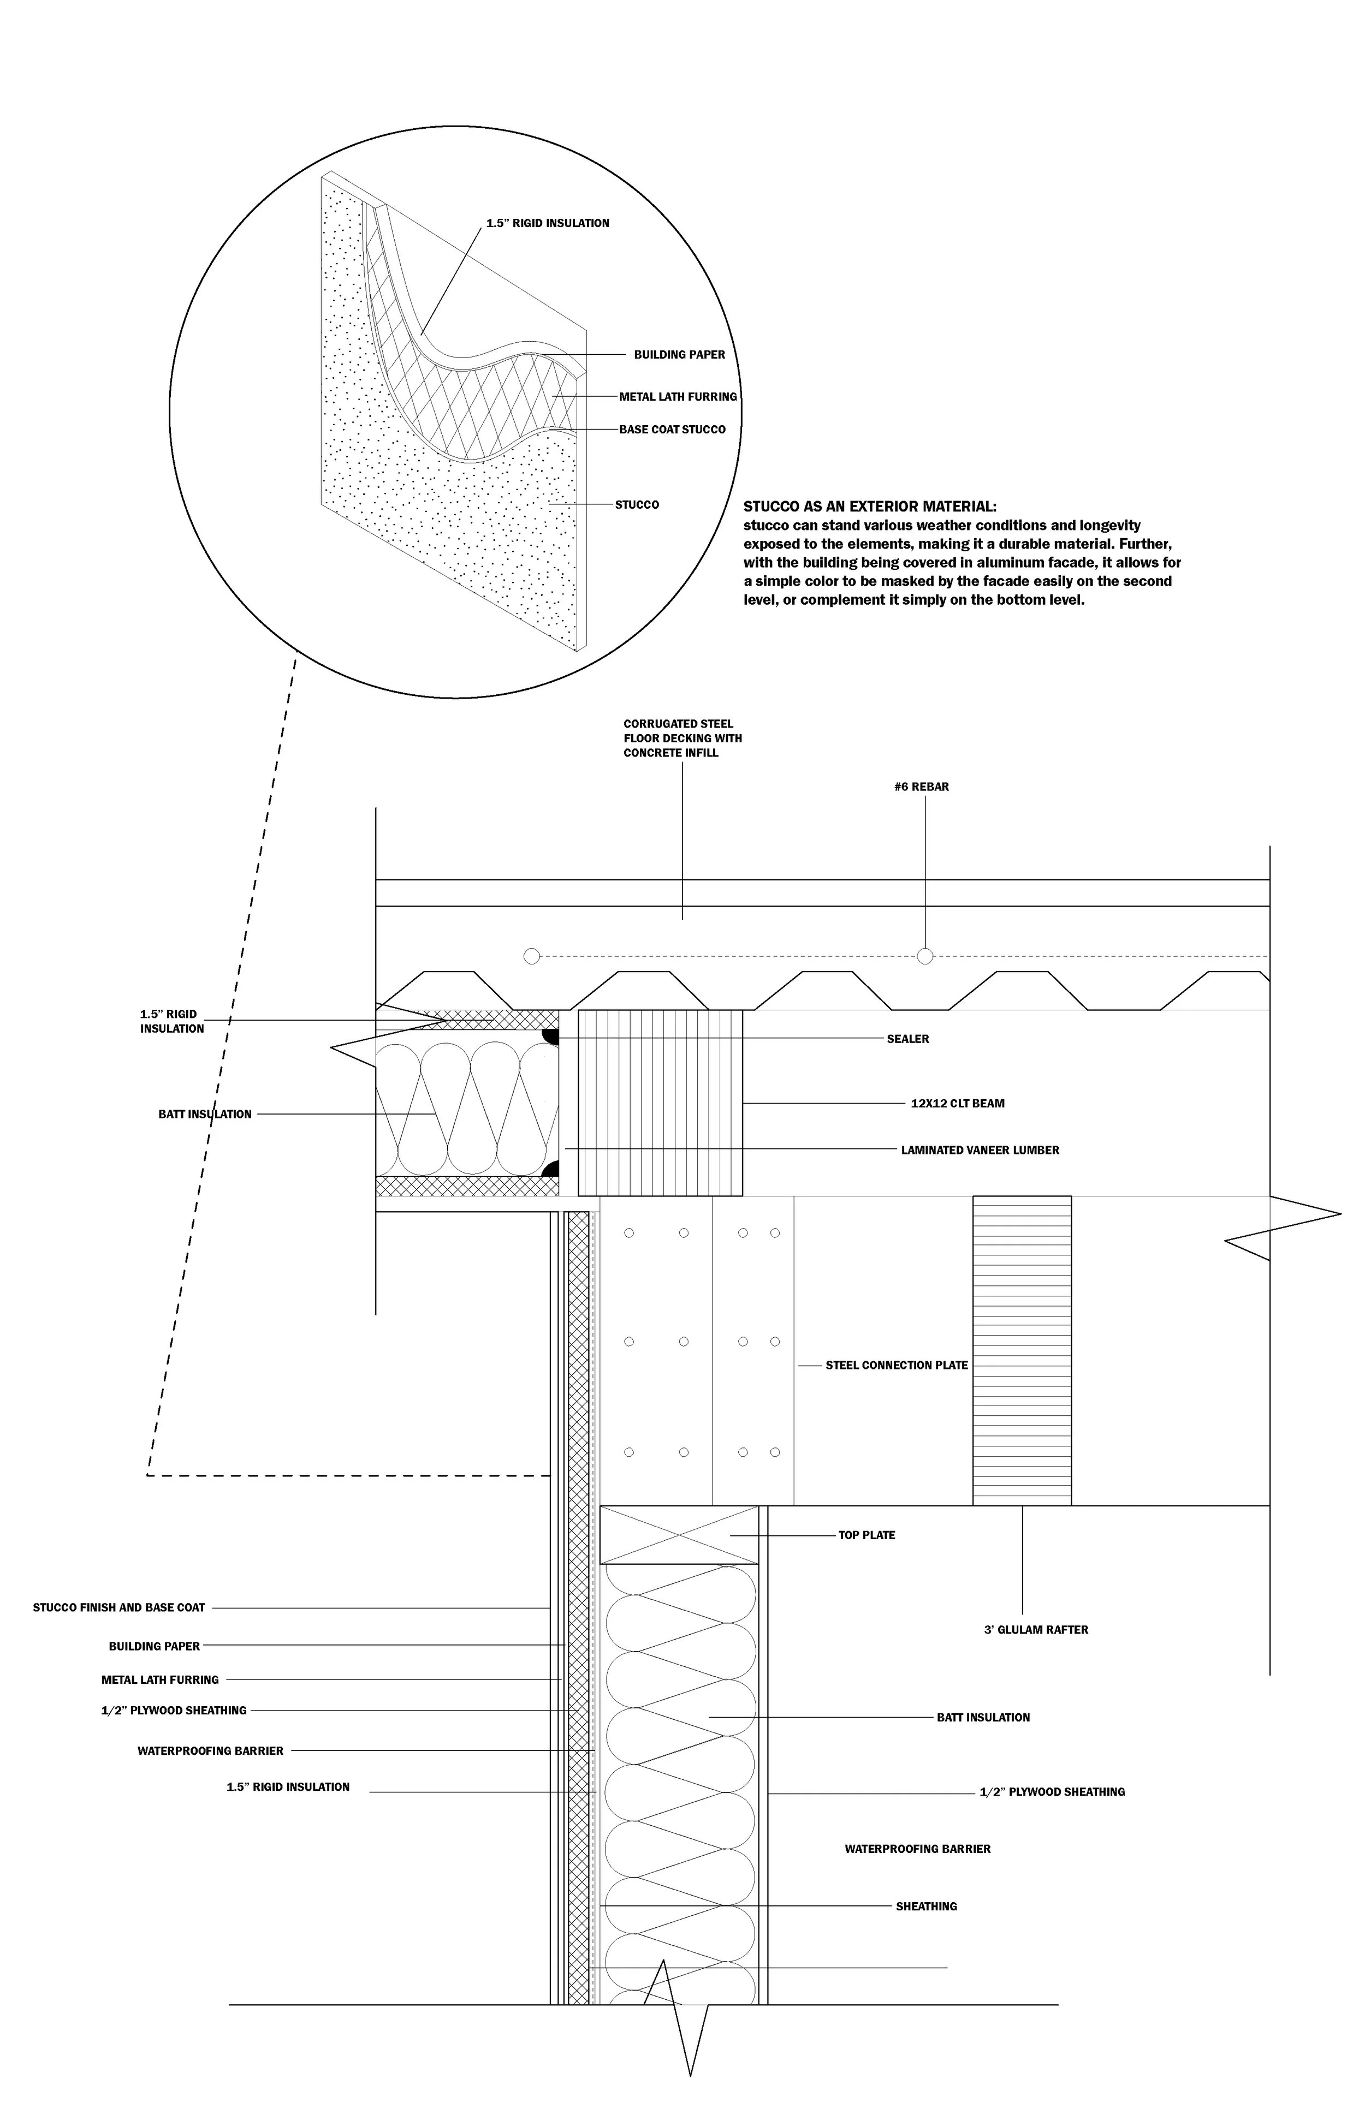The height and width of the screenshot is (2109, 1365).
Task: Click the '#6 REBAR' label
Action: pos(921,787)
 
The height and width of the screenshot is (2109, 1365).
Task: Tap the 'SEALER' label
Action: pos(907,1039)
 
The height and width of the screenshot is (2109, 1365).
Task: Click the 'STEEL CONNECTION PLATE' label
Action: pos(896,1366)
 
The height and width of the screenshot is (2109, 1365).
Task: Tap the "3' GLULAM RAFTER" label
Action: pos(1035,1630)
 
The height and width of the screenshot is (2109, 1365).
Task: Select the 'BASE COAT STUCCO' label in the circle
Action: pos(672,430)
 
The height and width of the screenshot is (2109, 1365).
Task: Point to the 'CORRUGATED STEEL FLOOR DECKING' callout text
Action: pos(682,738)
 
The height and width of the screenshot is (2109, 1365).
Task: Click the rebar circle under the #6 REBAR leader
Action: pos(924,956)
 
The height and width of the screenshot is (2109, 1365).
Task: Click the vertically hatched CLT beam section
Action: pos(660,1103)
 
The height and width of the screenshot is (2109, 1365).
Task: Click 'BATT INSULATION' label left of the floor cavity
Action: pos(205,1114)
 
